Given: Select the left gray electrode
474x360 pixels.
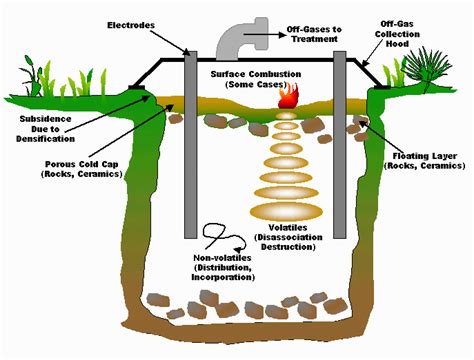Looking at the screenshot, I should click(190, 140).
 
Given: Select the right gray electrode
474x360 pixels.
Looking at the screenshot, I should click(340, 140).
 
